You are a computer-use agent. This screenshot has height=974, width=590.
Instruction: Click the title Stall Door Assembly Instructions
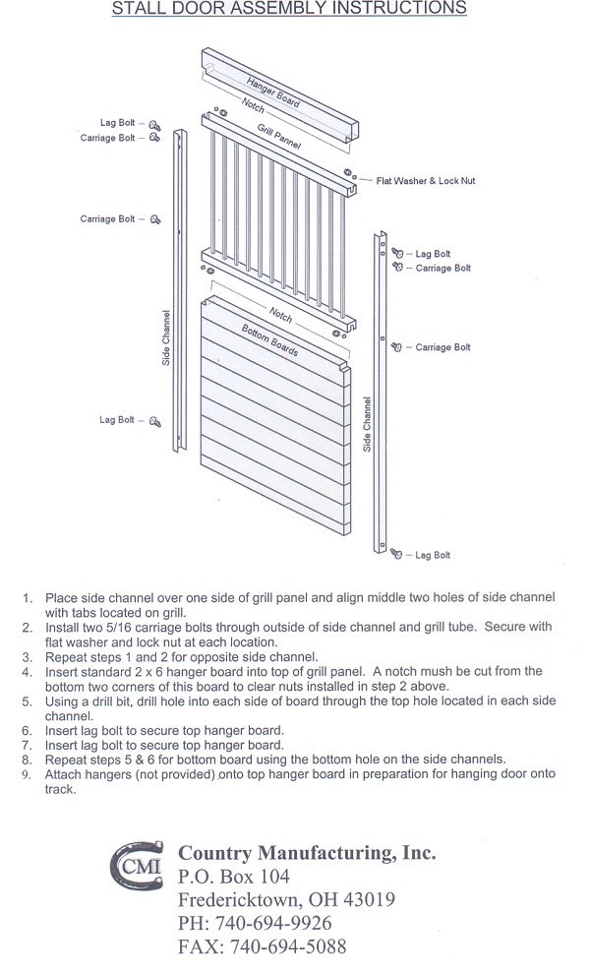(288, 10)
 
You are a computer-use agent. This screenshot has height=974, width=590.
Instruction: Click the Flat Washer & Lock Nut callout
(426, 181)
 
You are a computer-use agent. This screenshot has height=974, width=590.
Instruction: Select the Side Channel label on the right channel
(367, 424)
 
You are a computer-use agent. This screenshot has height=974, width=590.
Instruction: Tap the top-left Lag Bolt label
(118, 123)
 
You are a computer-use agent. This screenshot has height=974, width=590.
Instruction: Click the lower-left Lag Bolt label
(117, 420)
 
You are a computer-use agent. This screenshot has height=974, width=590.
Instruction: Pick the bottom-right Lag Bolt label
(433, 556)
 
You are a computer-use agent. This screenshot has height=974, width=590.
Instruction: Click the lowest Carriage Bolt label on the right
(442, 347)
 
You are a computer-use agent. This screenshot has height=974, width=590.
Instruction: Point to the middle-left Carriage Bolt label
(107, 218)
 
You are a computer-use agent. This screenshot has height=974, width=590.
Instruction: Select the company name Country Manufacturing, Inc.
(307, 852)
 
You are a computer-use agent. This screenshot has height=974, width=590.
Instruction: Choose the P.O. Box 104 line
(234, 876)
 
